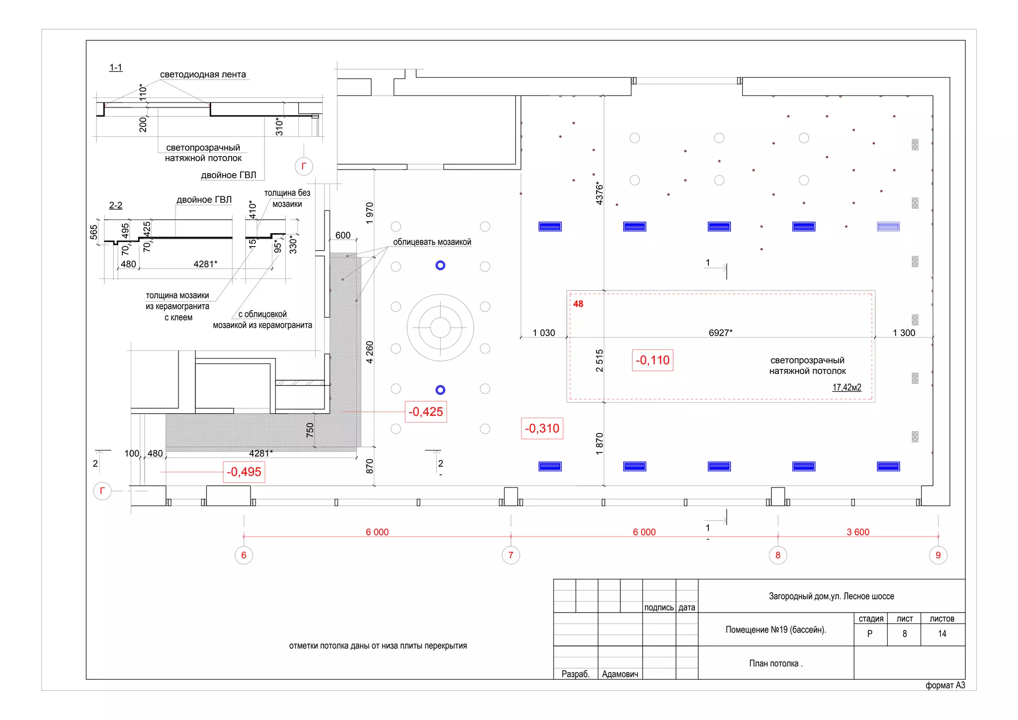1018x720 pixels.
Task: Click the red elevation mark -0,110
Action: tap(652, 360)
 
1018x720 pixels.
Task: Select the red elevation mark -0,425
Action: tap(425, 412)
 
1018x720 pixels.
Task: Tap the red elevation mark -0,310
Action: tap(542, 429)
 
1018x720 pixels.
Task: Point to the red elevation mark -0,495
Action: tap(244, 472)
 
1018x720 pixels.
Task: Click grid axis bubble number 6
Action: tap(244, 555)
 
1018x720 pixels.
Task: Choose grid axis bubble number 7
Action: tap(510, 555)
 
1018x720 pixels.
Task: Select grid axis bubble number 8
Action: tap(778, 555)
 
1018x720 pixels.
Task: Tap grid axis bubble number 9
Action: tap(938, 555)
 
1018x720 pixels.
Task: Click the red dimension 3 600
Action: tap(858, 532)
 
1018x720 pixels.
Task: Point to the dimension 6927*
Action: tap(720, 333)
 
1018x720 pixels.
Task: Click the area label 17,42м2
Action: tap(847, 387)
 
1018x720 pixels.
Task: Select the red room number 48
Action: tap(578, 304)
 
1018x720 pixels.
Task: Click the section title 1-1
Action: tap(116, 67)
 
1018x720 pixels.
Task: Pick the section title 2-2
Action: tap(116, 205)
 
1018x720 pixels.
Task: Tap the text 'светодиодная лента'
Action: tap(203, 75)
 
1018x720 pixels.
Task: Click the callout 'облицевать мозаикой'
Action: tap(432, 242)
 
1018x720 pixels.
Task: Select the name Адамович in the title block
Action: tap(620, 674)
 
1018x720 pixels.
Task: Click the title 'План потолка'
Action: tap(775, 663)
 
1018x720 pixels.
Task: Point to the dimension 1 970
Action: tap(369, 213)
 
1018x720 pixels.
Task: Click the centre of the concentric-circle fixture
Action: tap(440, 328)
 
